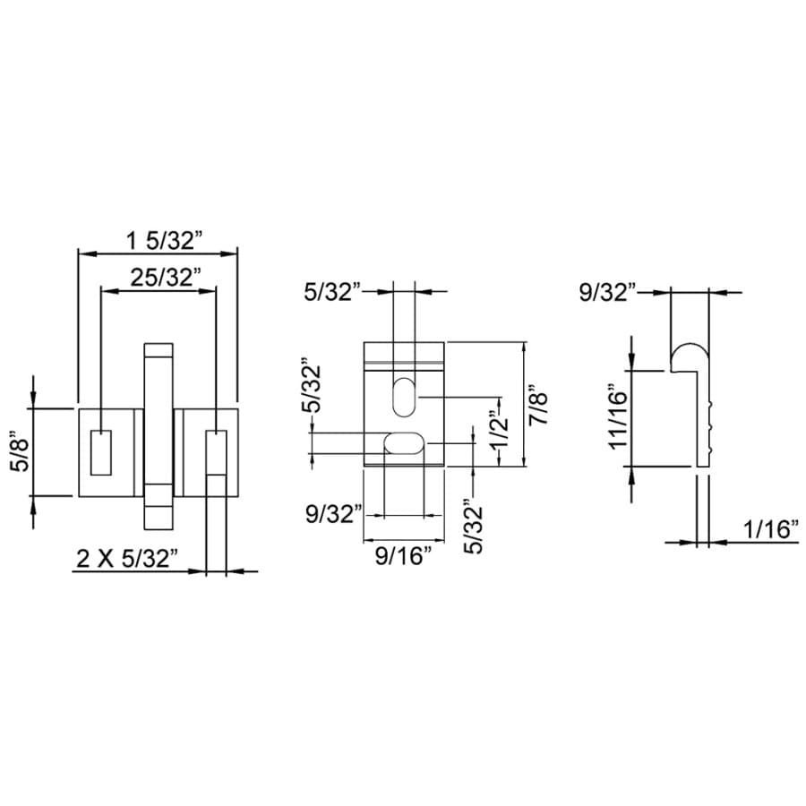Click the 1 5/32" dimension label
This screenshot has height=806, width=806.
click(x=165, y=240)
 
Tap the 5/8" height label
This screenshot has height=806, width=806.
click(x=22, y=451)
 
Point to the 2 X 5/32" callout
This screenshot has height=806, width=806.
click(x=127, y=558)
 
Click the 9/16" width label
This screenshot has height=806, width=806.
click(x=403, y=555)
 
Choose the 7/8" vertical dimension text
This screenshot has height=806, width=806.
click(x=539, y=405)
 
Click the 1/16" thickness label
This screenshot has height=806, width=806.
click(x=771, y=529)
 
